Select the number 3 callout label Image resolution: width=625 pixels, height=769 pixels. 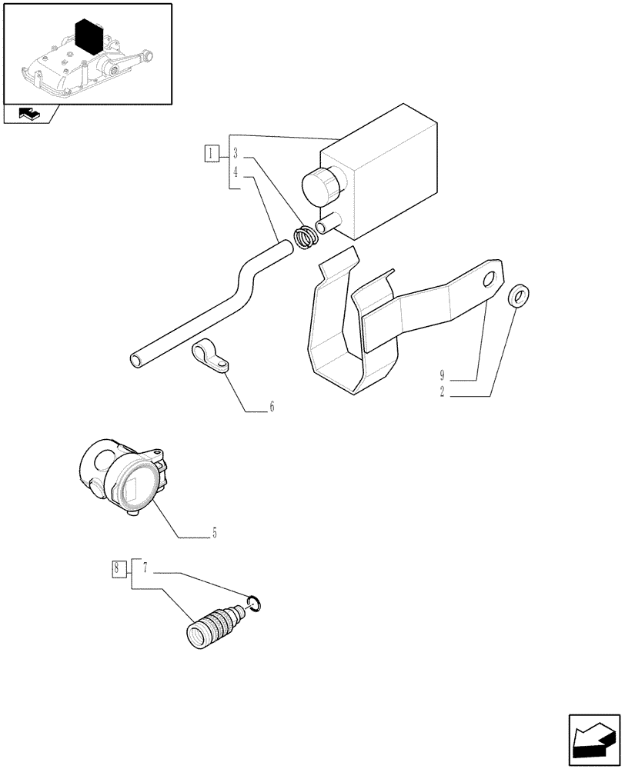pyautogui.click(x=236, y=152)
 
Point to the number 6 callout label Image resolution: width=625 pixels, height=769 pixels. pyautogui.click(x=272, y=407)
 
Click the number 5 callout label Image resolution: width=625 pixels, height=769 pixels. pyautogui.click(x=214, y=531)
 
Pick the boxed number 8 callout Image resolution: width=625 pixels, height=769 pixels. pyautogui.click(x=118, y=569)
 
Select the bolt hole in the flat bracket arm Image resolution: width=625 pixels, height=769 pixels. pyautogui.click(x=486, y=282)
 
